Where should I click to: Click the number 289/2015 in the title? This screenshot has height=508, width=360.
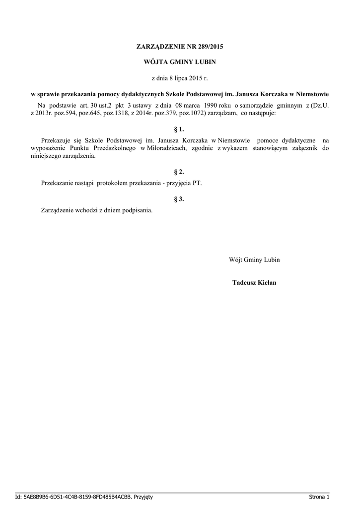[210, 47]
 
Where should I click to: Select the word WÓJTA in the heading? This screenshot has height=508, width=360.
[155, 63]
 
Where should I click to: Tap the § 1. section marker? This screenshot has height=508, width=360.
[179, 129]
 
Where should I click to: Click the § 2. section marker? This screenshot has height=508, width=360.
[179, 172]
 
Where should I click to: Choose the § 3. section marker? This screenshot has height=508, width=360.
[179, 199]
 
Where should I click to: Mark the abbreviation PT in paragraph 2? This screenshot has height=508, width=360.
[197, 183]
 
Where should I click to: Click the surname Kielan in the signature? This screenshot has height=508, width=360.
[267, 283]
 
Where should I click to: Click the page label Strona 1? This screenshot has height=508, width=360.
[319, 497]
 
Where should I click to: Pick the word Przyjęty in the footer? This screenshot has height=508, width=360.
[143, 497]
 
